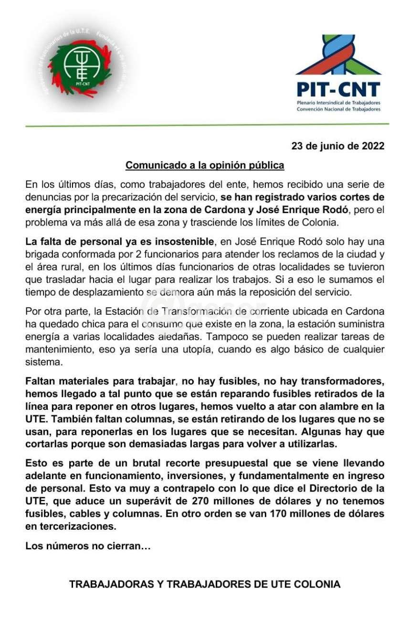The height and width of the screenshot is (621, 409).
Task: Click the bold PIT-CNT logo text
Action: [338, 89]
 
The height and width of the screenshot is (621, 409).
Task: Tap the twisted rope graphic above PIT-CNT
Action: [338, 54]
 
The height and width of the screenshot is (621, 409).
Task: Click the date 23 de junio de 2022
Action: [338, 146]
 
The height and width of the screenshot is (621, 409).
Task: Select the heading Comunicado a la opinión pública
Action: [205, 165]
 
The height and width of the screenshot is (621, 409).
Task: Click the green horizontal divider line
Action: [205, 125]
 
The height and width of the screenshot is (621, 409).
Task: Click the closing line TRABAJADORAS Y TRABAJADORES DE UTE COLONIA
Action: [205, 584]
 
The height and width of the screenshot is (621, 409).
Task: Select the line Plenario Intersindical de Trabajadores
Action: [338, 103]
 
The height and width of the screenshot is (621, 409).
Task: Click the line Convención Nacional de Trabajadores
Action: [338, 109]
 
